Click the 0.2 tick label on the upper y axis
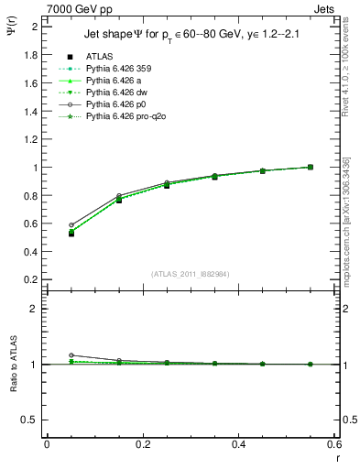31,279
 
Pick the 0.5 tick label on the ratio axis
31,420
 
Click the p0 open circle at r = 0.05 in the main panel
71,224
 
